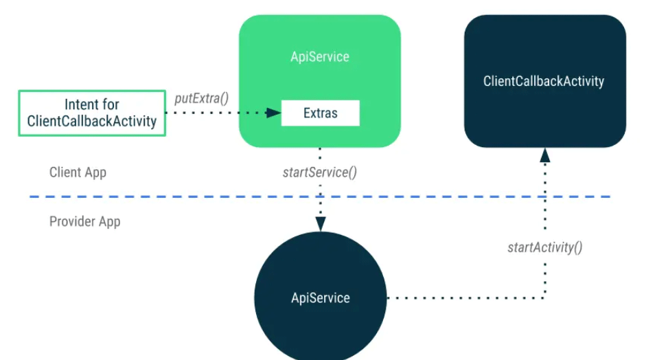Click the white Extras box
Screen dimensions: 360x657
point(320,113)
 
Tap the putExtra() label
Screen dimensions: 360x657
point(202,98)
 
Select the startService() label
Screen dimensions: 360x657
point(320,172)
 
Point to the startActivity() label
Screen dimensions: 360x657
point(544,247)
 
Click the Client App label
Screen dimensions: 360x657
point(78,172)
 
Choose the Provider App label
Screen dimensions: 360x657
point(84,222)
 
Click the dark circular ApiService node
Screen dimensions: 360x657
point(320,297)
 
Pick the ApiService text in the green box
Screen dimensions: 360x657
point(320,56)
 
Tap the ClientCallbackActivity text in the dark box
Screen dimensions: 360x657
point(544,81)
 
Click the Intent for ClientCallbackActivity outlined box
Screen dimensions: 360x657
point(92,113)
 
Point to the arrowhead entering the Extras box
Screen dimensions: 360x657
point(275,113)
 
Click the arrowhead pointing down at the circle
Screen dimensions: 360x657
point(320,224)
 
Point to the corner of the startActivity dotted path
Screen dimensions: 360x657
point(544,297)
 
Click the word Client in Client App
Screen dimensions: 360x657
point(64,172)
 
